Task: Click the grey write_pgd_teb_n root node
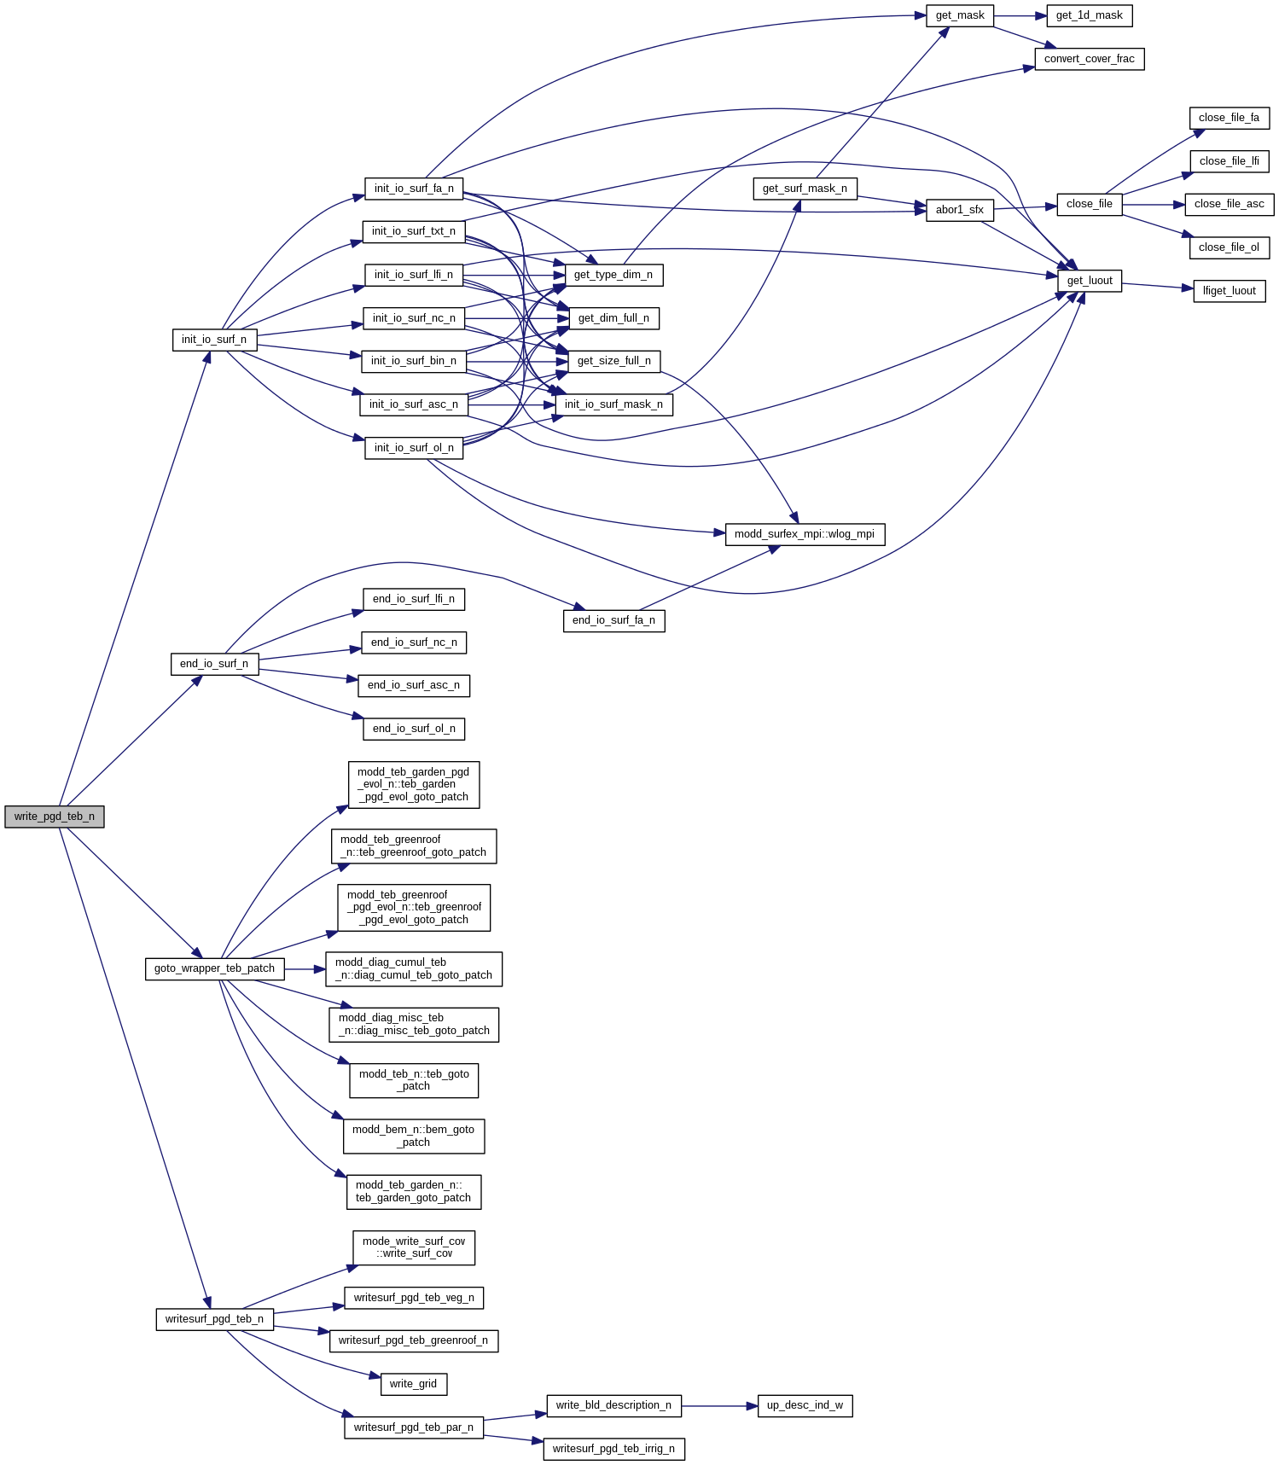point(55,817)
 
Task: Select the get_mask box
point(960,15)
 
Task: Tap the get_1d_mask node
point(1089,15)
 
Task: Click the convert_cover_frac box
point(1089,59)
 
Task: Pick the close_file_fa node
point(1229,118)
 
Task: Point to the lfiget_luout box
point(1229,291)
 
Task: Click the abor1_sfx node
point(959,210)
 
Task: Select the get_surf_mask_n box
point(805,189)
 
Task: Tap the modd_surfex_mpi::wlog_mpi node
point(804,534)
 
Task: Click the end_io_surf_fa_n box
point(613,620)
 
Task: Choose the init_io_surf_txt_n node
point(413,231)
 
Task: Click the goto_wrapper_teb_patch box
point(214,968)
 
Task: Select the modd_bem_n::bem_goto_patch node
point(413,1136)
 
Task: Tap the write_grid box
point(413,1384)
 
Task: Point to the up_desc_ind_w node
point(805,1405)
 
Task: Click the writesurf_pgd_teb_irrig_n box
point(613,1449)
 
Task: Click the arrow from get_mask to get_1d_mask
point(1020,16)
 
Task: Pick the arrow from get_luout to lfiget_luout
point(1158,286)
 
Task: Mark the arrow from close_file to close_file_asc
point(1154,205)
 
